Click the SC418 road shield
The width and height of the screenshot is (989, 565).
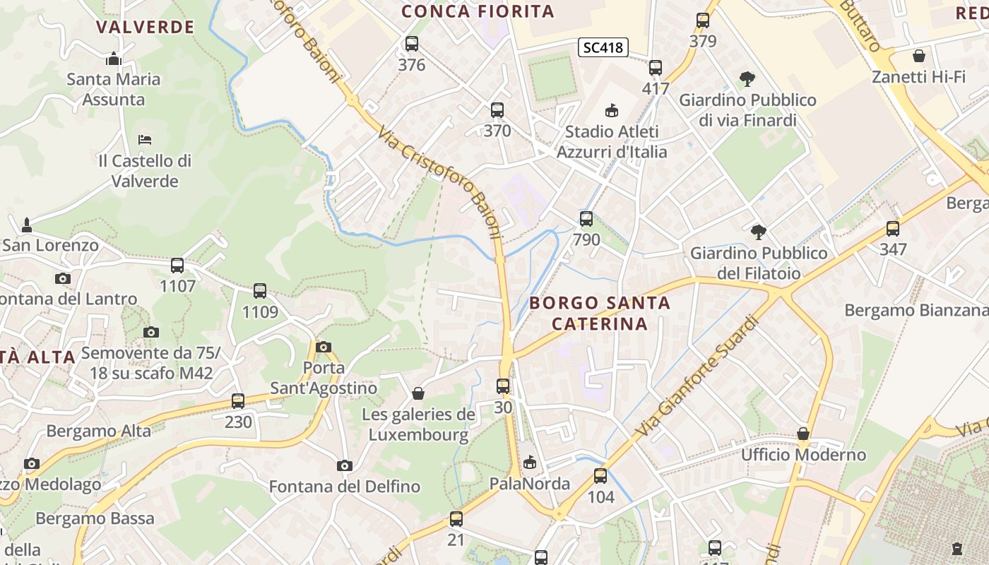coord(603,47)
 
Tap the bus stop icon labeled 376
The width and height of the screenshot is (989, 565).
coord(412,44)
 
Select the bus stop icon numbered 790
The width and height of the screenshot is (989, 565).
coord(586,219)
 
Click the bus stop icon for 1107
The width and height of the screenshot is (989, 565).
coord(177,266)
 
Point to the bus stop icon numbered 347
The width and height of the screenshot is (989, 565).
coord(893,229)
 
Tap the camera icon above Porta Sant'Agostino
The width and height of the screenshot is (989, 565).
coord(324,347)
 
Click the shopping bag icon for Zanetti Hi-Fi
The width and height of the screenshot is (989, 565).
coord(919,56)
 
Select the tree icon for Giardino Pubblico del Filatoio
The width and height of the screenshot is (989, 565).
coord(759,232)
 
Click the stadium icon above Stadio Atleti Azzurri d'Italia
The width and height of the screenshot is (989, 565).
coord(612,110)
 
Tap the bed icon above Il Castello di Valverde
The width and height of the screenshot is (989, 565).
coord(145,139)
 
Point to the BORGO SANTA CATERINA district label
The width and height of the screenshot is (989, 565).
coord(600,313)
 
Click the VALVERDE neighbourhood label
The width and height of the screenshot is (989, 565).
coord(145,28)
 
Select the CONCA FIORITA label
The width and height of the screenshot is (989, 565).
coord(478,11)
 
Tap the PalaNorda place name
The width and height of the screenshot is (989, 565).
coord(530,484)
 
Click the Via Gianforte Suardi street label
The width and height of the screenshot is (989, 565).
coord(697,376)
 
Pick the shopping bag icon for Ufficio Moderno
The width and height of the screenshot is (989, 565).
coord(803,433)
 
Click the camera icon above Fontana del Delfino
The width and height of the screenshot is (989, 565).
coord(345,465)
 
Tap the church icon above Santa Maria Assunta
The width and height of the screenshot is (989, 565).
coord(114,59)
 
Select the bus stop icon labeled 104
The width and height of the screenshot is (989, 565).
coord(600,476)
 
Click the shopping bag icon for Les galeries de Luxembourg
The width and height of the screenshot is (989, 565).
coord(418,393)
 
